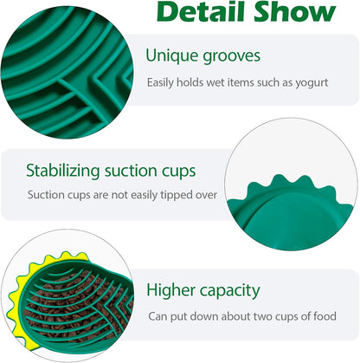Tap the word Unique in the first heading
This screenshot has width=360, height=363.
coord(171,56)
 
